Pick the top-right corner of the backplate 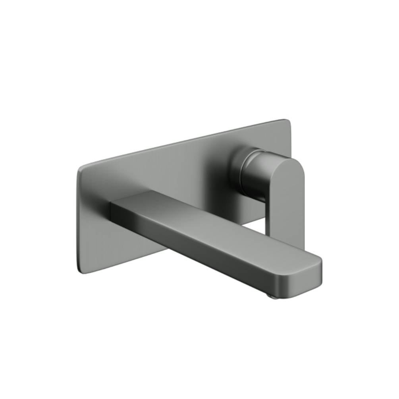point(288,121)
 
